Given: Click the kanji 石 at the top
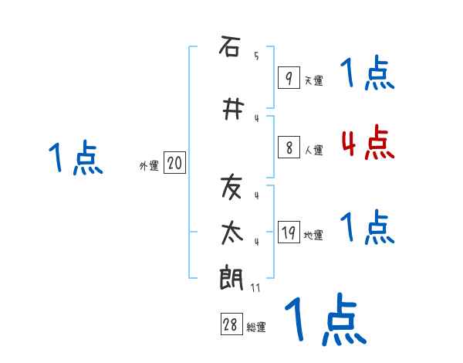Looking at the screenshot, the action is (x=230, y=47).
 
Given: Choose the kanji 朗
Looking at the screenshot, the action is (x=230, y=277).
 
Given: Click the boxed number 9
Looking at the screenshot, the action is (x=288, y=77).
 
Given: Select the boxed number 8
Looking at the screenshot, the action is (x=288, y=148).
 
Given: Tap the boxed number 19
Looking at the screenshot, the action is (x=288, y=232).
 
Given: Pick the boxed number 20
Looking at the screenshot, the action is (x=174, y=163).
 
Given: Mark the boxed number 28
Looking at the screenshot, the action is (x=231, y=325).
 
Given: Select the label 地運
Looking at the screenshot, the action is (x=313, y=236).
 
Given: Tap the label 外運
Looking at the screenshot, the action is (x=149, y=165).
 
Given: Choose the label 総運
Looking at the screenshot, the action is (x=256, y=327).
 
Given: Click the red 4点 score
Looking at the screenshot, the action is (x=367, y=143).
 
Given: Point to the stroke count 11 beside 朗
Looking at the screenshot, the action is (x=255, y=287).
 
